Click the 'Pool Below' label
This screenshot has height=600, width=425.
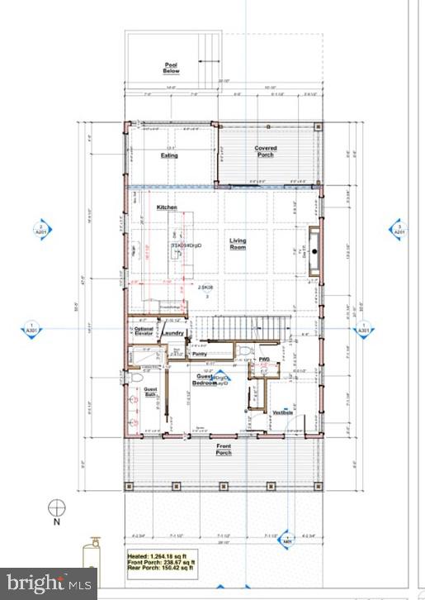tap(171, 68)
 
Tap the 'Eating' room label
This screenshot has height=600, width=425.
tap(168, 155)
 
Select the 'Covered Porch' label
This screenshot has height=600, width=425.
tap(265, 152)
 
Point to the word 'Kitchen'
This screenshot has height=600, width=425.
tap(168, 207)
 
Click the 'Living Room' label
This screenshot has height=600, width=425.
tap(238, 244)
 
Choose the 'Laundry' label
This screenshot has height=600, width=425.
tap(172, 333)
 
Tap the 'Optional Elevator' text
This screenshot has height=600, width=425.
tap(144, 331)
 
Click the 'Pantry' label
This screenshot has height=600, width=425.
tap(199, 354)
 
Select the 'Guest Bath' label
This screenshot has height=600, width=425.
tap(150, 393)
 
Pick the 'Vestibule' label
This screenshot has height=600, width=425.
tap(283, 412)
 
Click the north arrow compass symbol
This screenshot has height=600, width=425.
tap(57, 507)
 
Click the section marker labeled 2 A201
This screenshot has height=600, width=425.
tap(39, 230)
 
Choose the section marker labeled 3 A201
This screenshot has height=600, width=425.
tap(399, 230)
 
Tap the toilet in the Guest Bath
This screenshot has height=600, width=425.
tap(136, 378)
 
